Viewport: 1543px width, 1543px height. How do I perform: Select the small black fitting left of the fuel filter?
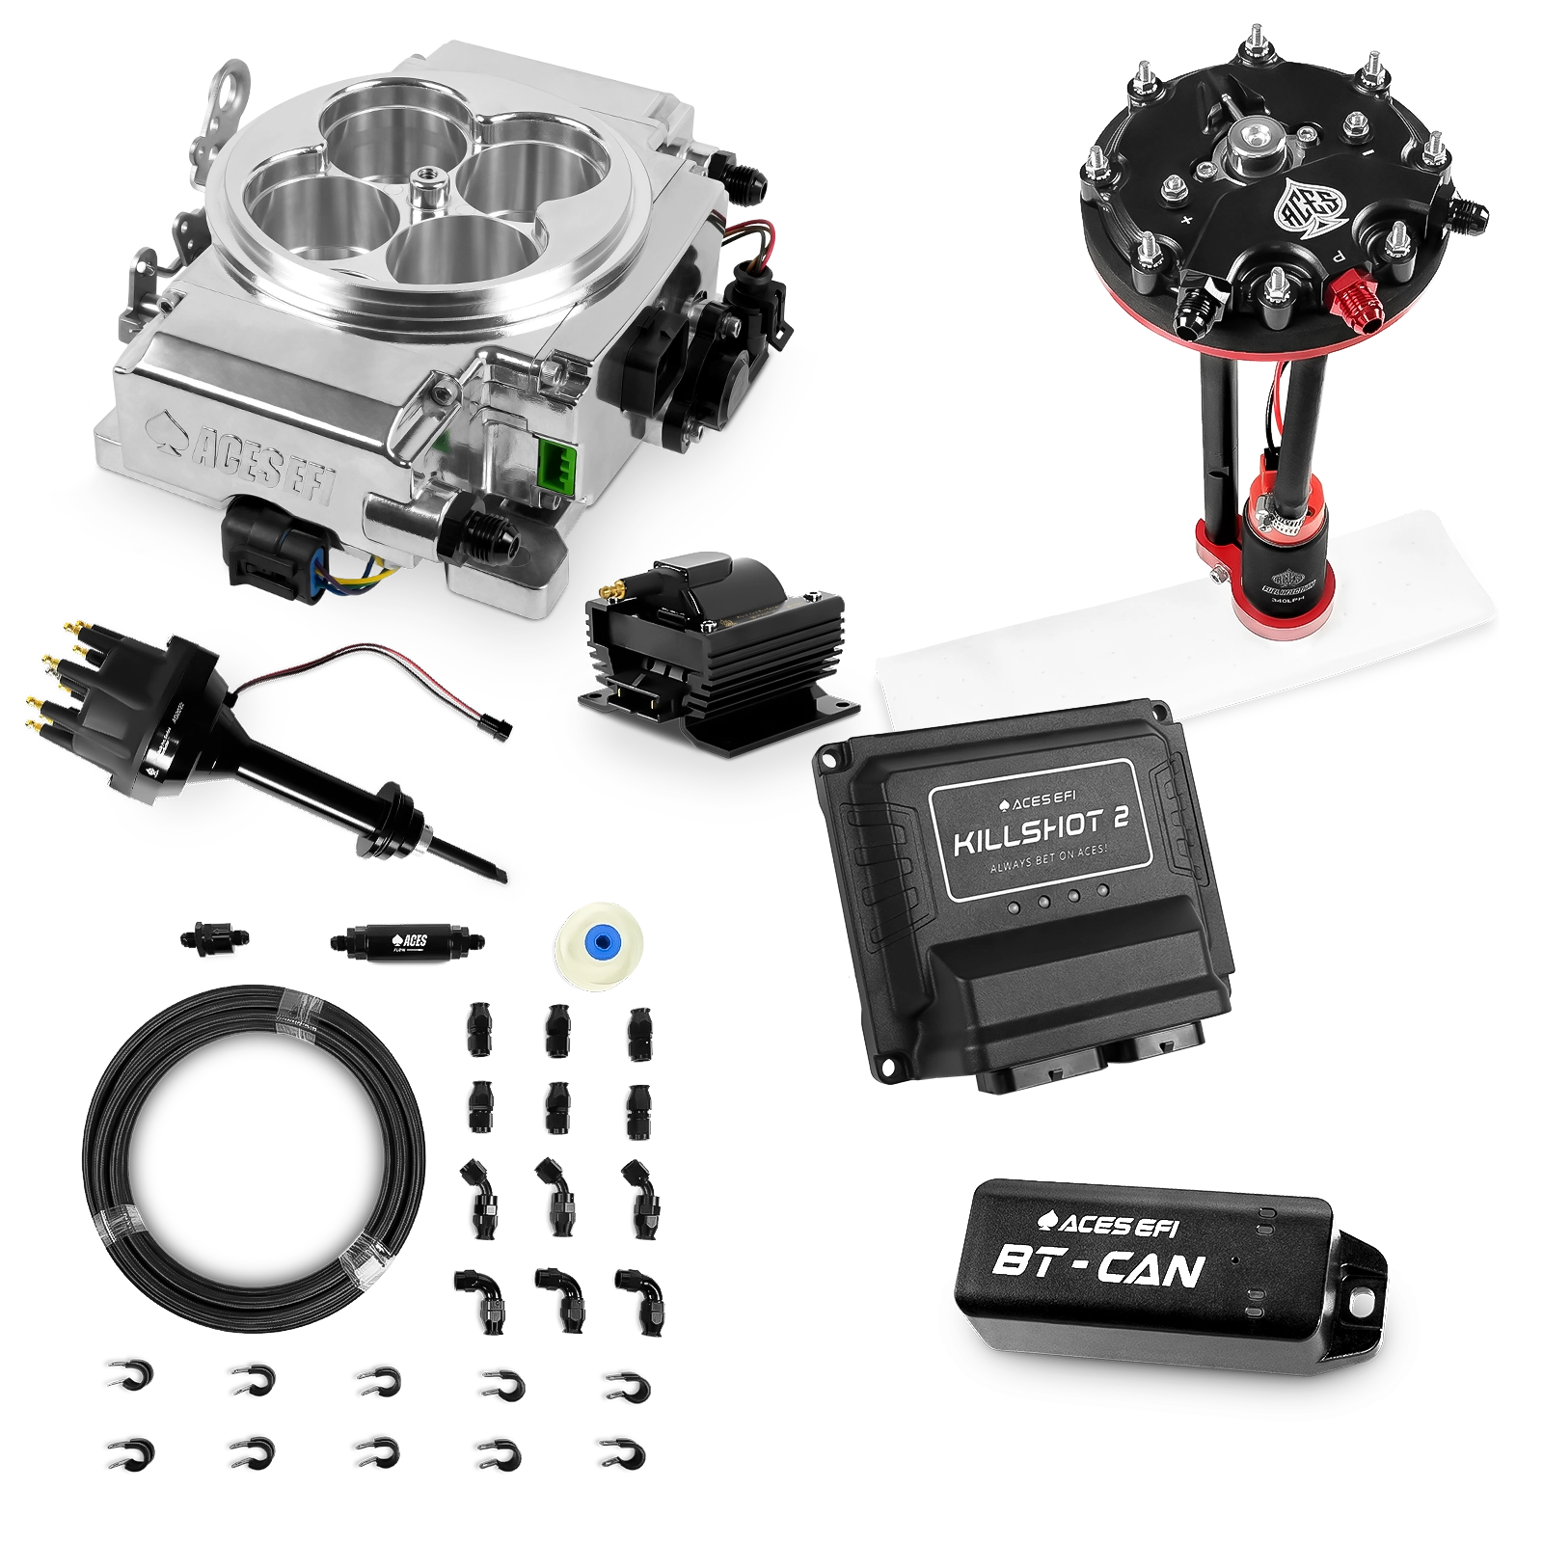coord(212,937)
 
